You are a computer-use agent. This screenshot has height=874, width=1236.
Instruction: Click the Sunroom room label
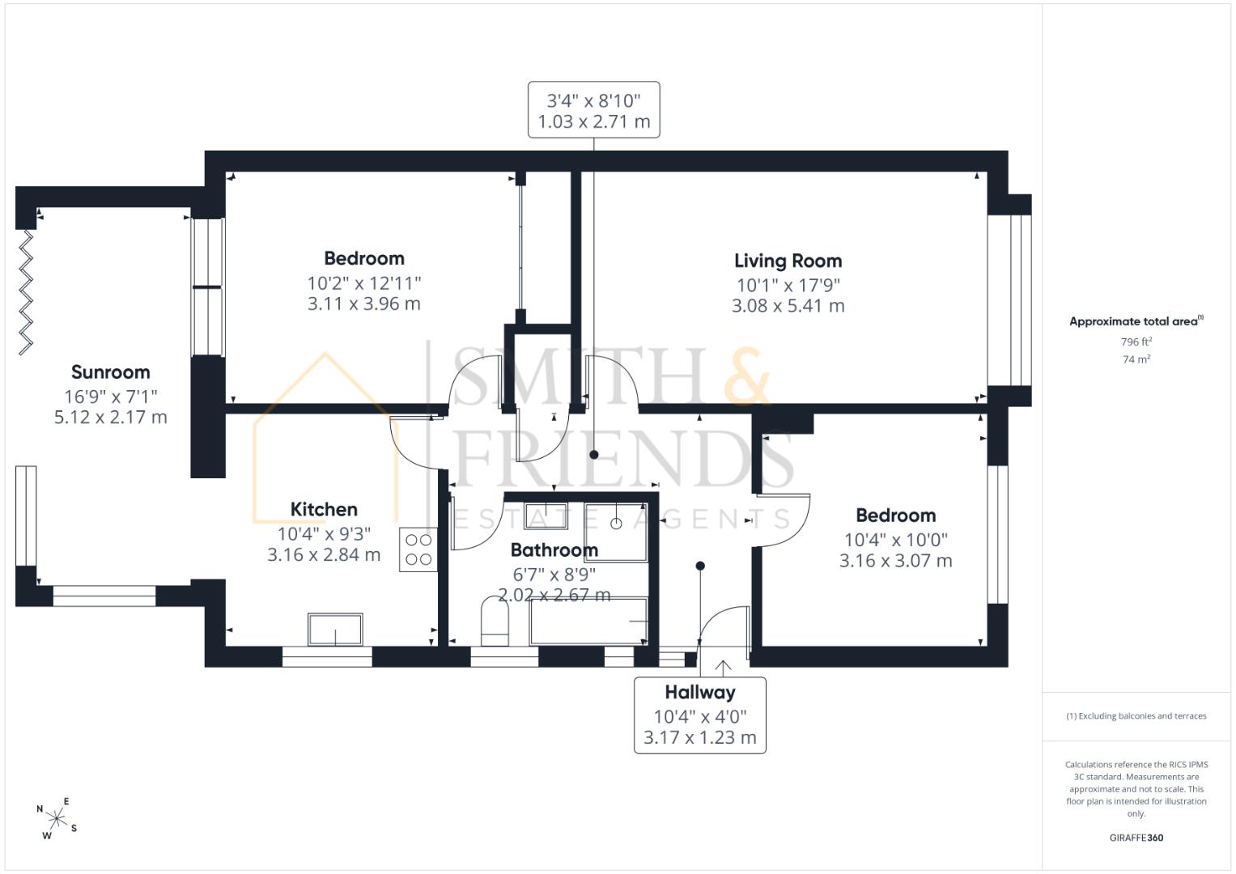pyautogui.click(x=110, y=372)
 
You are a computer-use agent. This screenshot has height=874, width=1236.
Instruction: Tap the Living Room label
pyautogui.click(x=788, y=261)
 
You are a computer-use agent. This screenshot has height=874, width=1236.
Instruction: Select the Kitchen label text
pyautogui.click(x=324, y=509)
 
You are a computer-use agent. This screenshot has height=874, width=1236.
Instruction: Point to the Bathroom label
pyautogui.click(x=554, y=550)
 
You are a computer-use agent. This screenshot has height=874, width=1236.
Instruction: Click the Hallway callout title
pyautogui.click(x=699, y=692)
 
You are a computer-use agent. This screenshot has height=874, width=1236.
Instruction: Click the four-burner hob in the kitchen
pyautogui.click(x=418, y=549)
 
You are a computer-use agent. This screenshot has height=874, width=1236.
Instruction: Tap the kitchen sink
pyautogui.click(x=335, y=630)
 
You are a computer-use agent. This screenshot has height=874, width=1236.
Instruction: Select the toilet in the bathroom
pyautogui.click(x=495, y=622)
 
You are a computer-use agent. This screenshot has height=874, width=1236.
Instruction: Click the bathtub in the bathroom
pyautogui.click(x=588, y=622)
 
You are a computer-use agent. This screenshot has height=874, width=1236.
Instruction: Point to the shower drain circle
pyautogui.click(x=616, y=524)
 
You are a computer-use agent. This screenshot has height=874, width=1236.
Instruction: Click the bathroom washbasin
pyautogui.click(x=546, y=515)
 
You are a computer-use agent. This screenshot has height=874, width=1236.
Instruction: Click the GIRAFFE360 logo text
pyautogui.click(x=1136, y=838)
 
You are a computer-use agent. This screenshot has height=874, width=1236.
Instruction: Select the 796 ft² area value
pyautogui.click(x=1136, y=342)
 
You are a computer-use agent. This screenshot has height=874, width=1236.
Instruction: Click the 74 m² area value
pyautogui.click(x=1136, y=359)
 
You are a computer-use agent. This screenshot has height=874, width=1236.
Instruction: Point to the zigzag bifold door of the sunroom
pyautogui.click(x=26, y=292)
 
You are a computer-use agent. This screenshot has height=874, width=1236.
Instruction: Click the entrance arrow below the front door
pyautogui.click(x=723, y=668)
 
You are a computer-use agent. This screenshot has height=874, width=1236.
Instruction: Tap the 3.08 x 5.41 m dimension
pyautogui.click(x=788, y=306)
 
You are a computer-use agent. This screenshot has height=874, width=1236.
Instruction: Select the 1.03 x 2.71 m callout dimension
pyautogui.click(x=594, y=121)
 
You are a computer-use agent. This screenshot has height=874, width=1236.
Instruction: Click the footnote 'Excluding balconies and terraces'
pyautogui.click(x=1136, y=716)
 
